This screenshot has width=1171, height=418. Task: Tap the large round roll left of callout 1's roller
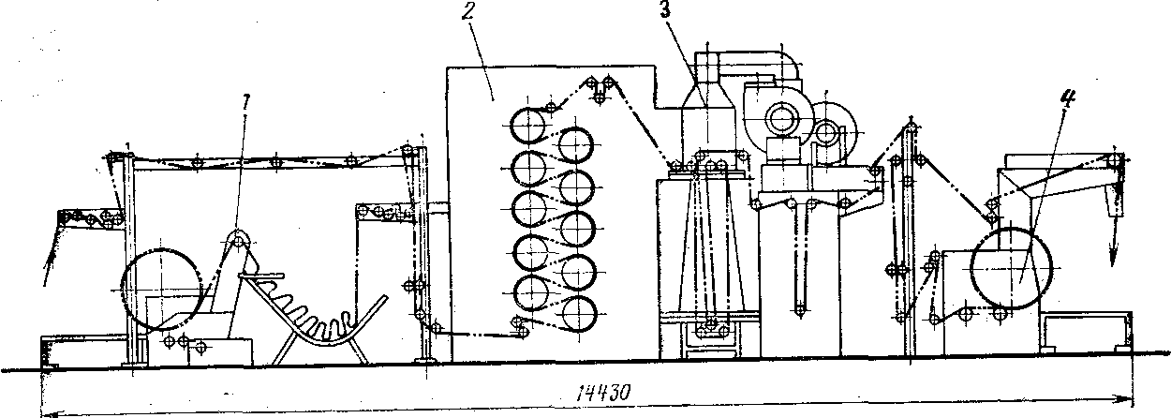(x=161, y=287)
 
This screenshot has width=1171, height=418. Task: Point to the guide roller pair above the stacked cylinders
(x=600, y=88)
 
